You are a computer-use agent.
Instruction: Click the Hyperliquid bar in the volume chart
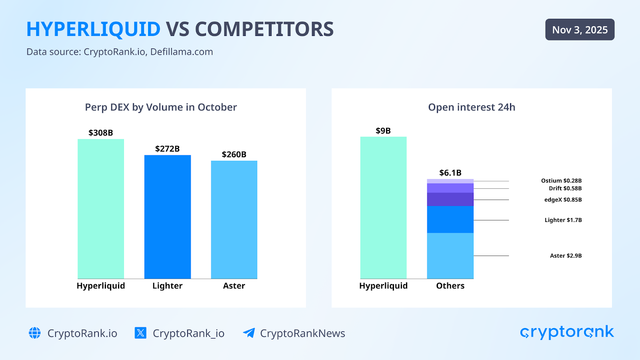coord(101,209)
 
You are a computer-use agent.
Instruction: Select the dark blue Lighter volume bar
coord(167,217)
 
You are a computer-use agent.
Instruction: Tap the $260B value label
coord(234,154)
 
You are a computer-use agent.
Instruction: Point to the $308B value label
coord(101,133)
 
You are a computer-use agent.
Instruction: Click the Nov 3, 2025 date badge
coord(580,30)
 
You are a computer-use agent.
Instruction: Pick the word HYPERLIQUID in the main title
coord(93,29)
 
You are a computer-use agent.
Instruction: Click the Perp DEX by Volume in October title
coord(161,107)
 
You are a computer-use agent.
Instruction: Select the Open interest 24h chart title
coord(472,107)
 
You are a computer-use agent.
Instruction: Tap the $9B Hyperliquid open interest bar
coord(383,208)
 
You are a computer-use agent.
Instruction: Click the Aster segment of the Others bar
coord(450,256)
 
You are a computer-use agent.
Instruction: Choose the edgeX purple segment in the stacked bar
coord(450,199)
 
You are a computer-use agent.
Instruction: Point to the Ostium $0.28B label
coord(561,181)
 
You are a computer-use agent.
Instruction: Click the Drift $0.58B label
coord(565,188)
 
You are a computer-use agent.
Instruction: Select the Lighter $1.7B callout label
coord(563,220)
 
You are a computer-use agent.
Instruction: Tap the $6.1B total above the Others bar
coord(450,173)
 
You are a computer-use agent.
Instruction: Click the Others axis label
coord(450,286)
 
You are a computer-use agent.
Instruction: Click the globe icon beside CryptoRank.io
coord(35,333)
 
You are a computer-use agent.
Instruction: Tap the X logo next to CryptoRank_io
coord(140,333)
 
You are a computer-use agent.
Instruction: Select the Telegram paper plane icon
coord(249,333)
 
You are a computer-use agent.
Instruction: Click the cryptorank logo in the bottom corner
coord(567,332)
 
